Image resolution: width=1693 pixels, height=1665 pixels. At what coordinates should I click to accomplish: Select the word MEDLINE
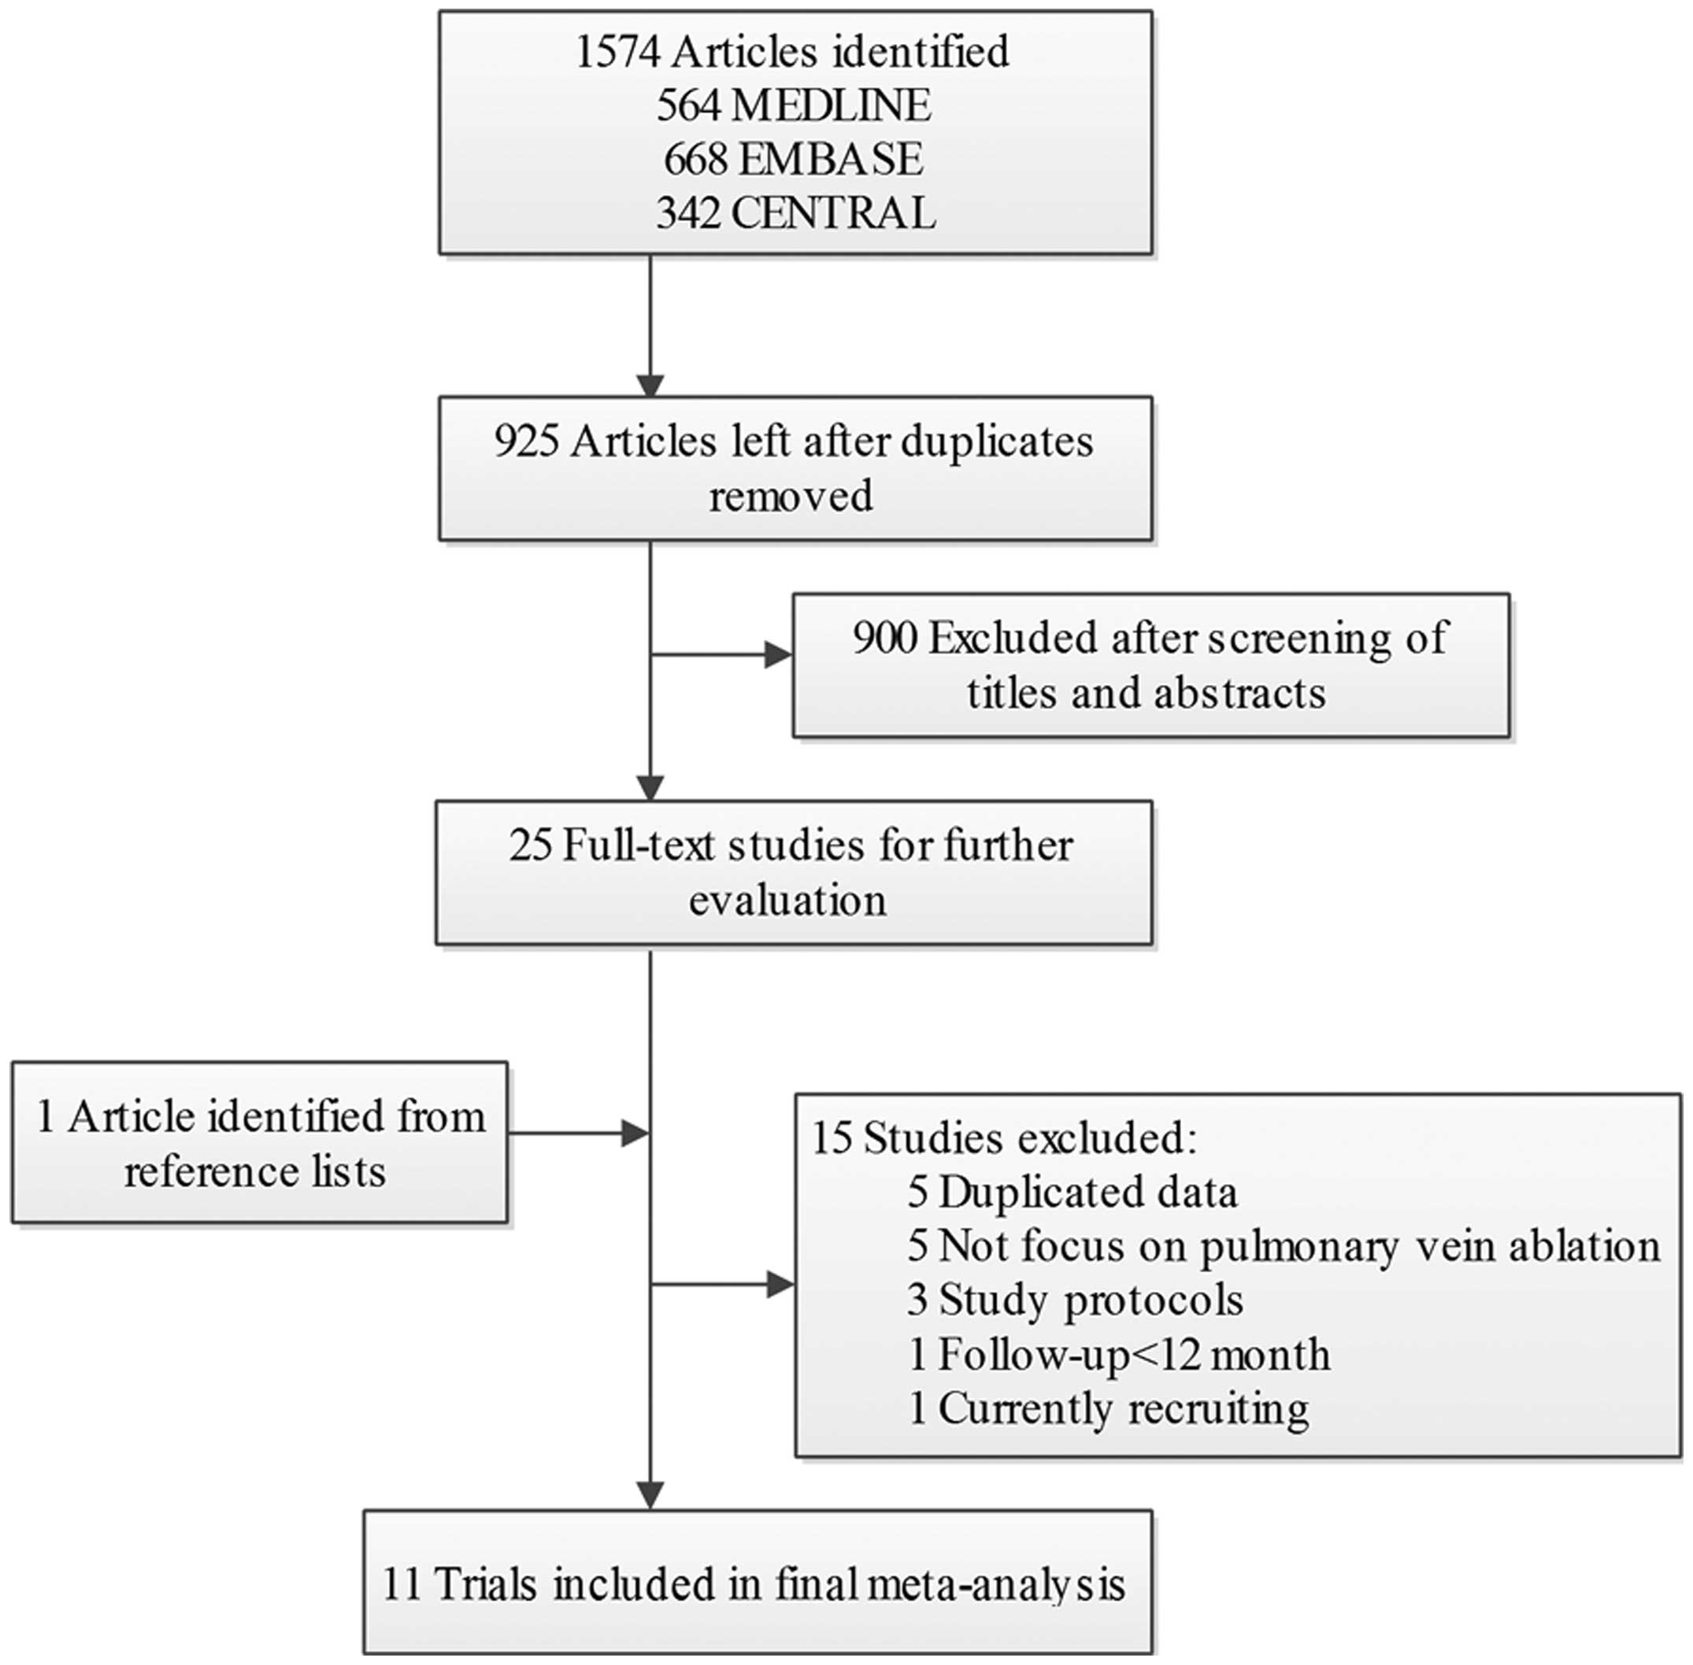[830, 105]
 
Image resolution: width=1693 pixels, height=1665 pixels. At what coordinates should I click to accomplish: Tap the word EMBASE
[830, 159]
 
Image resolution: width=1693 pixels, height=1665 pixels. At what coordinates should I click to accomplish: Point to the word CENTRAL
[832, 213]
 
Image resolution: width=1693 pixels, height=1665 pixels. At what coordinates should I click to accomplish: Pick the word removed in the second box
[791, 497]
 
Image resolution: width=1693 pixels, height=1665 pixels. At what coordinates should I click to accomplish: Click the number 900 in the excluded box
[885, 638]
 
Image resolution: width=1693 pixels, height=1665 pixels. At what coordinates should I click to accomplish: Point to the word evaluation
[787, 901]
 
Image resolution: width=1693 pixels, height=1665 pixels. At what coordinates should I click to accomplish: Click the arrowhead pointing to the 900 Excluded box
[777, 654]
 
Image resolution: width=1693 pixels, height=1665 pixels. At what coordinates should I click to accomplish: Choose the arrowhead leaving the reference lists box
[634, 1134]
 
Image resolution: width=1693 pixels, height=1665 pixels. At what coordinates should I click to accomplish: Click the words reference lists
[254, 1171]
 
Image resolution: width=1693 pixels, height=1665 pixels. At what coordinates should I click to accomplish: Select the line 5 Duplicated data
[1072, 1193]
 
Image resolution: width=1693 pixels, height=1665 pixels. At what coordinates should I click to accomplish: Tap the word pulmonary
[1298, 1247]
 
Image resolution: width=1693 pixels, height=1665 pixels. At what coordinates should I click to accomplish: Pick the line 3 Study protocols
[1075, 1301]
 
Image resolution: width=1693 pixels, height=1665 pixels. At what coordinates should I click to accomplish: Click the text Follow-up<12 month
[1133, 1355]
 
